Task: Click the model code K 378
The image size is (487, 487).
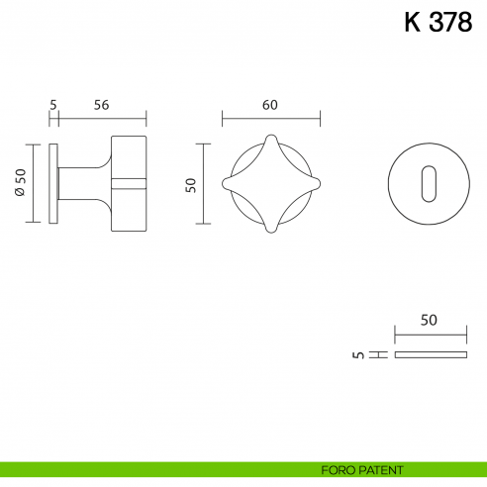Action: coord(438,23)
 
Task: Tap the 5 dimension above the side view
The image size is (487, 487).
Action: coord(53,104)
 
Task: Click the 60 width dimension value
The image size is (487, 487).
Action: coord(270,104)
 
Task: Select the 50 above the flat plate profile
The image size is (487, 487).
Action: coord(429,320)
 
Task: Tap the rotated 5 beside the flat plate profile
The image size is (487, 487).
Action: coord(358,353)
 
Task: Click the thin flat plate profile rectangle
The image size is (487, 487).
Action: coord(430,353)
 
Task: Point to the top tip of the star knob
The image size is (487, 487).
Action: coord(270,136)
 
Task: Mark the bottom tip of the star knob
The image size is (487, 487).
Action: coord(270,232)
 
